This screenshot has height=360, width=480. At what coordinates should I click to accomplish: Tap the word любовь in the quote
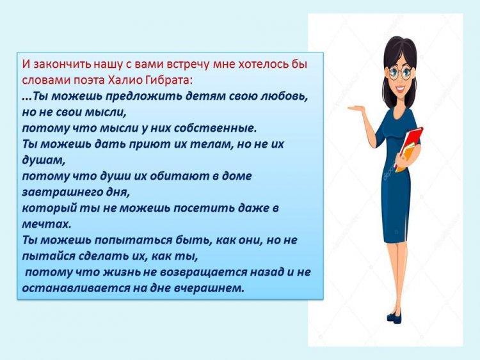click(x=284, y=97)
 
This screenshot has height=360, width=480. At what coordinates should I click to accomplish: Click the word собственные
click(x=215, y=129)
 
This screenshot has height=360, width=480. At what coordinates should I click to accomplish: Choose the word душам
click(x=44, y=160)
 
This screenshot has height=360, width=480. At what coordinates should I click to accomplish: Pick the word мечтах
click(x=47, y=224)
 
